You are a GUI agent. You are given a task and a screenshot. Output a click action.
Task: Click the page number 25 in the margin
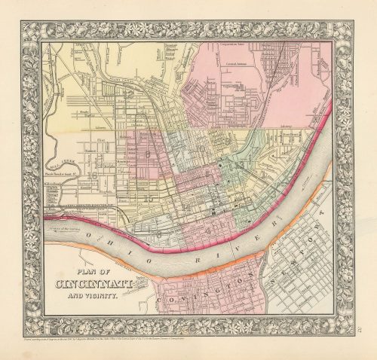coord(348,323)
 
